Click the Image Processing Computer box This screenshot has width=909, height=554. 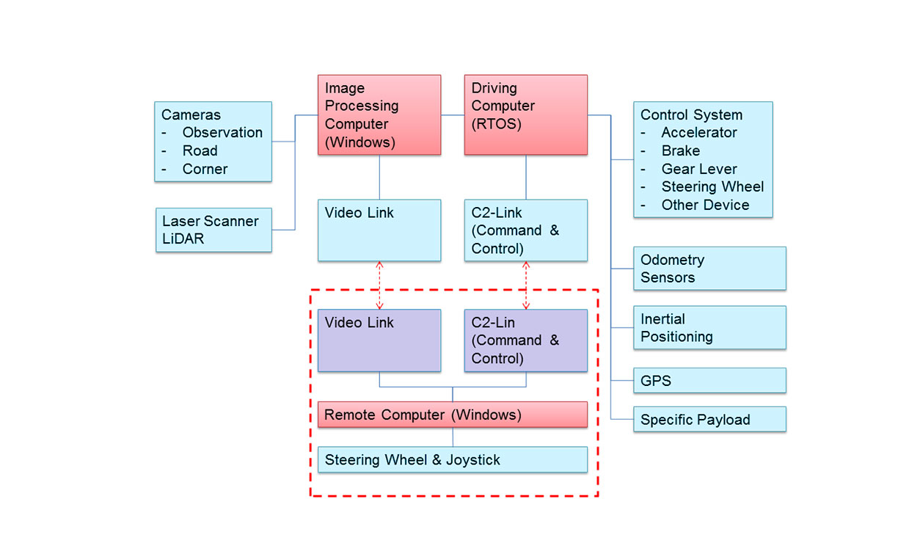[x=379, y=114]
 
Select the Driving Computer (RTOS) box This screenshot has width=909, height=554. [x=525, y=114]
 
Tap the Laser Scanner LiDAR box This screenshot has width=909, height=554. [x=213, y=230]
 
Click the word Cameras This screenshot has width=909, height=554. [x=191, y=115]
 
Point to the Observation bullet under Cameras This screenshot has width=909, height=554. [x=222, y=133]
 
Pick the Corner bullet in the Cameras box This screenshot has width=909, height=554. [x=205, y=169]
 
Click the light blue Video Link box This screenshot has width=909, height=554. [x=379, y=230]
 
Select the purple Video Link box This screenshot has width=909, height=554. [x=379, y=340]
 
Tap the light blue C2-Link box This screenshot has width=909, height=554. [x=525, y=230]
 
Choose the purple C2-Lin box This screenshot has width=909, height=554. [x=525, y=340]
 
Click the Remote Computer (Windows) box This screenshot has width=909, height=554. [x=452, y=415]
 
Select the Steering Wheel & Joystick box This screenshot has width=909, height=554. [x=452, y=459]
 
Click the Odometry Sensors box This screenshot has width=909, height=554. [x=709, y=269]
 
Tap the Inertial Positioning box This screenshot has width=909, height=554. [x=709, y=327]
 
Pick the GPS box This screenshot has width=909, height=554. [x=709, y=381]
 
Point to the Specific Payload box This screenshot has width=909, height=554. [x=709, y=419]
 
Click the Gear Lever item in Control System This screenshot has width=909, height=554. [x=698, y=169]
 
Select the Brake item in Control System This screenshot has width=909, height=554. [x=680, y=150]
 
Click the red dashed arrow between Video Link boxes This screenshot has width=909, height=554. [x=379, y=285]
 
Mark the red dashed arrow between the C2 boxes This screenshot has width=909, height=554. [x=526, y=285]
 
